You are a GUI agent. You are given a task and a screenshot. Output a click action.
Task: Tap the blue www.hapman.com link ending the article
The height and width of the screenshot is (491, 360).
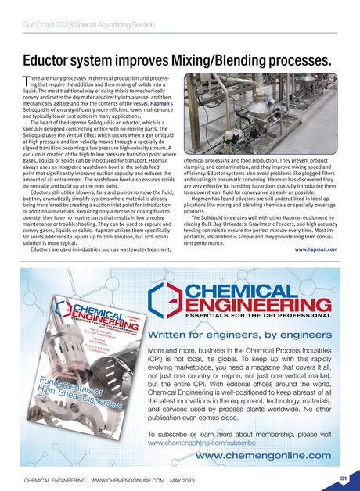coord(316,249)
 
